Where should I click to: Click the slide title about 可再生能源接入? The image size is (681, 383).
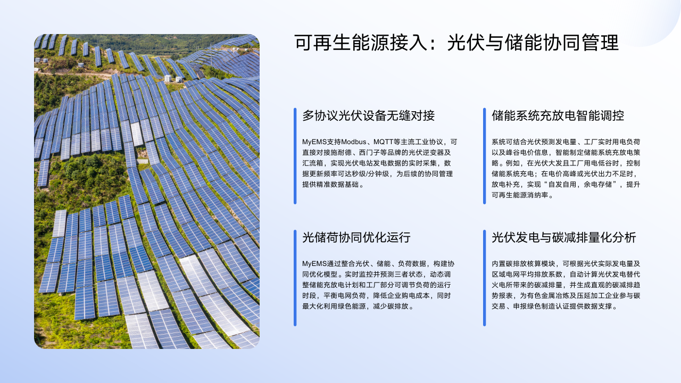coord(456,42)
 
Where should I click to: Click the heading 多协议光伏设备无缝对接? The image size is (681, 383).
coord(369,115)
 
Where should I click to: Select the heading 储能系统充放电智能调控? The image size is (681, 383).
coord(558,115)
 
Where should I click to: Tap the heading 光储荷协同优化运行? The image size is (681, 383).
coord(356,237)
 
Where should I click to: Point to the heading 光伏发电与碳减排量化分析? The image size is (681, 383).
coord(564,237)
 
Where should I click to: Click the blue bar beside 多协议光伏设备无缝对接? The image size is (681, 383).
coord(295,156)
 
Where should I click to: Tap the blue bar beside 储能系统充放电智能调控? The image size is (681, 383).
coord(484,156)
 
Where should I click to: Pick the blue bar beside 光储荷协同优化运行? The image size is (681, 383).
coord(295,278)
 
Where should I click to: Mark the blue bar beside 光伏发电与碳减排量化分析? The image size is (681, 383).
coord(484,278)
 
